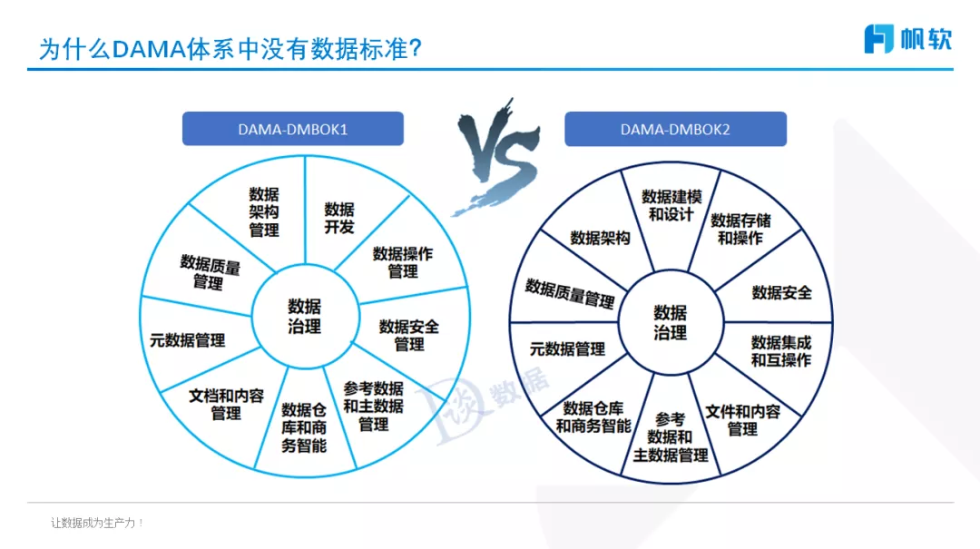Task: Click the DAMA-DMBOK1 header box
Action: (x=292, y=129)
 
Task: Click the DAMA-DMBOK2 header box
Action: (x=675, y=129)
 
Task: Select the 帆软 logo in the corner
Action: (x=906, y=38)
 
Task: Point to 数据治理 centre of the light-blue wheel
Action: (x=305, y=316)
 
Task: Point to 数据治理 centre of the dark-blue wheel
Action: (x=671, y=322)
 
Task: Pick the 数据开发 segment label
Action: (x=339, y=218)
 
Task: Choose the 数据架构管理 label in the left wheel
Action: (x=264, y=211)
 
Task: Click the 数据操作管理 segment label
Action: (x=403, y=262)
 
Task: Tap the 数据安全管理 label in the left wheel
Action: (x=409, y=335)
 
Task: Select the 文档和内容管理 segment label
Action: (x=226, y=404)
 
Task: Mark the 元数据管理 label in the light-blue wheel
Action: (x=188, y=340)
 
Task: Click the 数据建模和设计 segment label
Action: (x=671, y=205)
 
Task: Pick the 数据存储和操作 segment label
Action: (x=740, y=229)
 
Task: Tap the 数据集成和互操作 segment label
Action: (x=781, y=351)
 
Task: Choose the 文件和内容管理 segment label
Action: (x=742, y=419)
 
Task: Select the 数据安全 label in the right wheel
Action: (x=782, y=292)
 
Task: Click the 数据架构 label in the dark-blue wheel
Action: (x=600, y=238)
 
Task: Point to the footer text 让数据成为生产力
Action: (x=98, y=523)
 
